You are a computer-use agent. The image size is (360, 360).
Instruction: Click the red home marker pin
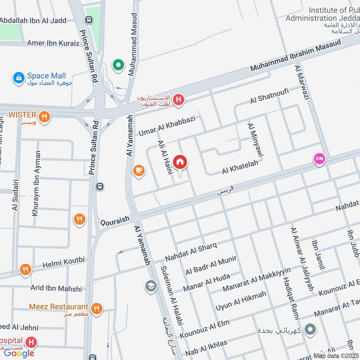tap(180, 162)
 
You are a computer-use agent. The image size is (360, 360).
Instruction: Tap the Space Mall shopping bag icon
tap(18, 78)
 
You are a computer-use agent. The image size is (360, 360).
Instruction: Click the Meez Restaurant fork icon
tap(96, 309)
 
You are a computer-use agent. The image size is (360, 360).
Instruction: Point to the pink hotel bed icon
tap(319, 159)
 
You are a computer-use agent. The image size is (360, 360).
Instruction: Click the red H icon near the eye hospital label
tap(179, 100)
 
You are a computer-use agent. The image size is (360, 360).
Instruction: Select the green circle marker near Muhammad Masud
tap(118, 66)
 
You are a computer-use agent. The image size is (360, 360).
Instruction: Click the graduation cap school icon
tap(150, 285)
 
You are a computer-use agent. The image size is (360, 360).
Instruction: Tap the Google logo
tap(19, 353)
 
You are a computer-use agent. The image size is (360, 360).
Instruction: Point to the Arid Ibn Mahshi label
tap(56, 288)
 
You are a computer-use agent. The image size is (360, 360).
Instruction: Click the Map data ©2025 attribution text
tap(336, 355)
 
